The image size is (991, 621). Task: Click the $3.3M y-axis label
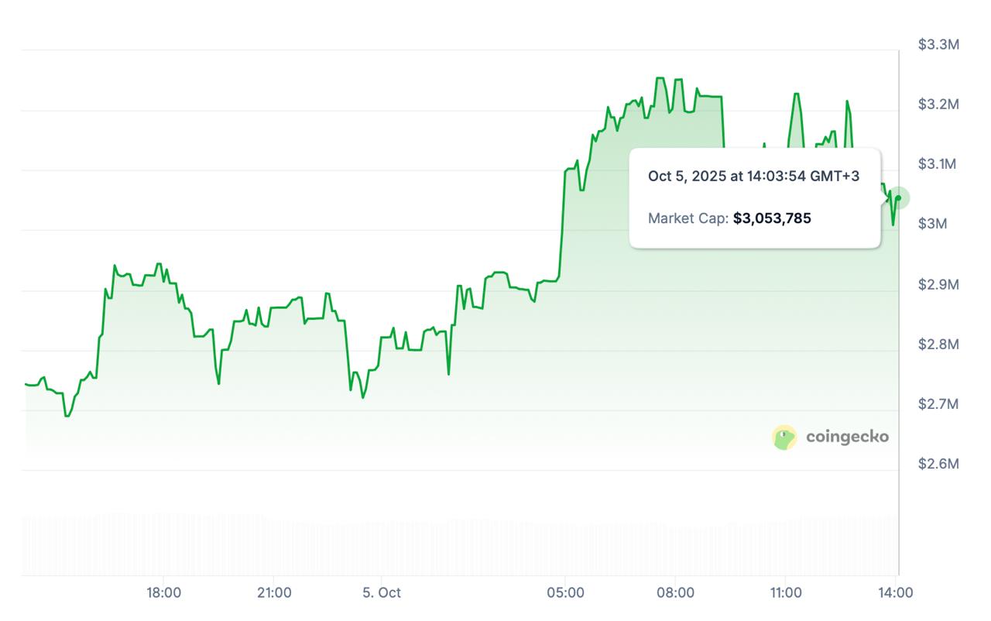[x=938, y=45]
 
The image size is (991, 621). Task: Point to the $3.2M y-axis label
[x=938, y=105]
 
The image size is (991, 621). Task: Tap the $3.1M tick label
[x=938, y=164]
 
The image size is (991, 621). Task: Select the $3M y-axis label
[x=932, y=224]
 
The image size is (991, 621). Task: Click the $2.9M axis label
[x=938, y=284]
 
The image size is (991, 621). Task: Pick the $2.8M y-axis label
[x=938, y=344]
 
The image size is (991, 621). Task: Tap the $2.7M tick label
[x=938, y=403]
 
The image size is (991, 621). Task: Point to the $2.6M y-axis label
[x=938, y=464]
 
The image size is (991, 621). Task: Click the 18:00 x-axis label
[x=164, y=593]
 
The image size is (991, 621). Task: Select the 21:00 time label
[x=274, y=593]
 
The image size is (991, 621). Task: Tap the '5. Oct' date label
[x=382, y=593]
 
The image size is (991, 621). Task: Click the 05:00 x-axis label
[x=566, y=593]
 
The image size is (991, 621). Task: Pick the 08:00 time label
[x=675, y=593]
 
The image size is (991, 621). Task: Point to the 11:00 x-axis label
[x=786, y=593]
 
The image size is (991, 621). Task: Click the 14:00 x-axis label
[x=896, y=593]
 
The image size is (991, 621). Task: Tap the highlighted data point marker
[x=898, y=197]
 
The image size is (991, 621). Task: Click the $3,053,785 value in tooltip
[x=772, y=218]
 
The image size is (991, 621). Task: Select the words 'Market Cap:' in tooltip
[x=688, y=218]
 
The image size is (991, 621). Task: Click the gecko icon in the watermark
[x=784, y=437]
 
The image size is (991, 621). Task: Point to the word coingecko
[x=847, y=437]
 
